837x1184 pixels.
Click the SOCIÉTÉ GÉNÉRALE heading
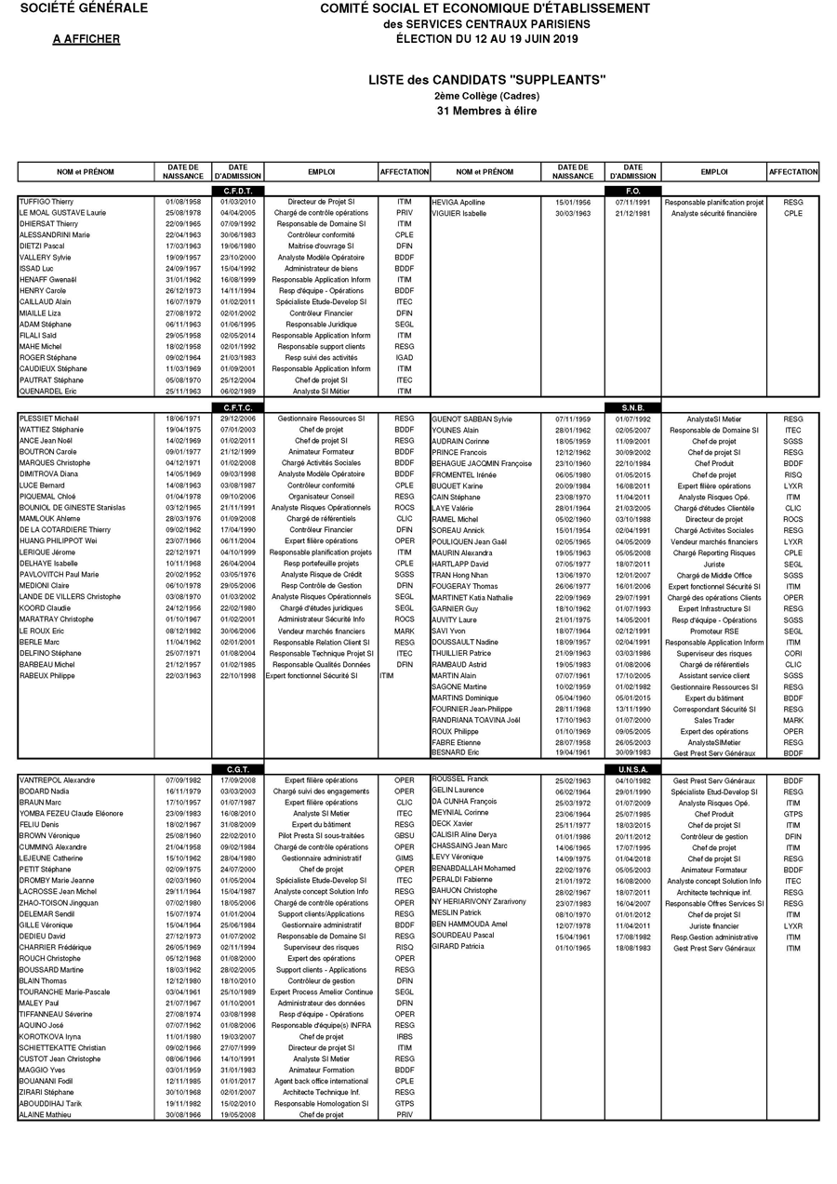(84, 8)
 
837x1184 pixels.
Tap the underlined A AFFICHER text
(86, 39)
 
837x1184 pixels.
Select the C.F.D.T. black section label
(238, 191)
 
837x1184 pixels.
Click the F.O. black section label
(634, 191)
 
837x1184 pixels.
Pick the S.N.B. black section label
(634, 407)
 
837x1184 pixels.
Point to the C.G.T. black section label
(238, 769)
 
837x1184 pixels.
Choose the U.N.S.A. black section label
(634, 769)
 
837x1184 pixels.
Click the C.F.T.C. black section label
(238, 407)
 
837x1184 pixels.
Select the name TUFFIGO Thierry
(46, 202)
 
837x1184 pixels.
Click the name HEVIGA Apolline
(458, 202)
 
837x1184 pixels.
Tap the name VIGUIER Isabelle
(458, 213)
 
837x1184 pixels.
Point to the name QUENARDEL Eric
(48, 392)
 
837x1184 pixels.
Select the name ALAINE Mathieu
(46, 1114)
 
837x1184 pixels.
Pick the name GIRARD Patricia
(458, 947)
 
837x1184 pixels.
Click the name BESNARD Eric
(455, 752)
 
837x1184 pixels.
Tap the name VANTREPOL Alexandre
(57, 780)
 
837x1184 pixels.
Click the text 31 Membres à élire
(486, 111)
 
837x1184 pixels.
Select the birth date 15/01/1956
(573, 202)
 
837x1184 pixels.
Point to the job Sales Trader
(714, 720)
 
